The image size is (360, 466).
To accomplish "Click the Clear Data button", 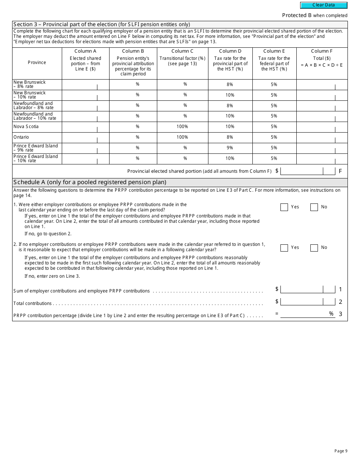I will (324, 5).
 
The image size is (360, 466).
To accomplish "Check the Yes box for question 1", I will (284, 207).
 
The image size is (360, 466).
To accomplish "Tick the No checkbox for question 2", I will (314, 248).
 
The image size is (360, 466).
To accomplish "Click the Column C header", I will (182, 51).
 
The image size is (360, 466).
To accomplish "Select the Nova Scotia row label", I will (26, 127).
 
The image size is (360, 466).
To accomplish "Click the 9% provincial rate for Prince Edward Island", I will (230, 148).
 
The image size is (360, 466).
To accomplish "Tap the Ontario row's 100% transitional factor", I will (182, 137).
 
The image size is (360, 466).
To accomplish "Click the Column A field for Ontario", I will (85, 137).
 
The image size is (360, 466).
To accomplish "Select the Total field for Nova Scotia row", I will (322, 127).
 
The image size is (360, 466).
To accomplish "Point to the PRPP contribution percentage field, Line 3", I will (307, 314).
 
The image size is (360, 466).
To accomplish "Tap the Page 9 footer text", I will (341, 451).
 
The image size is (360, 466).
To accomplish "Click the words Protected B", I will (294, 15).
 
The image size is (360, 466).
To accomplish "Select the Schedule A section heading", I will (90, 182).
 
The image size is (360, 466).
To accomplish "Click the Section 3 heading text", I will (102, 24).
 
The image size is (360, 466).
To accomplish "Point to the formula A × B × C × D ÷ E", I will (322, 65).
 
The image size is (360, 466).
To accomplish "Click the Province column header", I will (37, 63).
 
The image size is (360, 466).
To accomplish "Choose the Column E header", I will (274, 51).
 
